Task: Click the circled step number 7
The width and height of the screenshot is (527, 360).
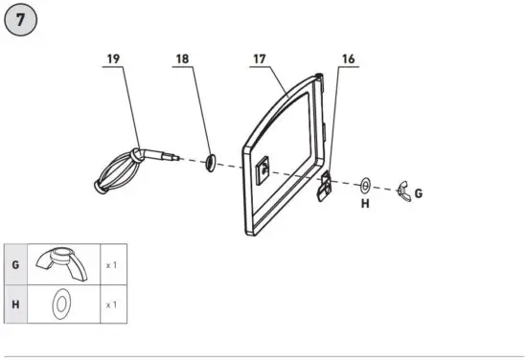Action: [22, 20]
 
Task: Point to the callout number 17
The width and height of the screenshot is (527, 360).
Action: [259, 59]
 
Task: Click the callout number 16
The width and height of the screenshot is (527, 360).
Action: [348, 59]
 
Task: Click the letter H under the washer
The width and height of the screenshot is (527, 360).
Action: [365, 203]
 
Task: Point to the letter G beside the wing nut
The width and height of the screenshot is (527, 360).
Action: [419, 193]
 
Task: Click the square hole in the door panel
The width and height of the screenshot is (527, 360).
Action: [263, 170]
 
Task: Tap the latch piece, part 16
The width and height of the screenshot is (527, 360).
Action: [324, 184]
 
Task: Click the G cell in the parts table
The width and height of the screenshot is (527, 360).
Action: [14, 263]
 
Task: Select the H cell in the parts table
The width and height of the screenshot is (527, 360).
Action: [14, 304]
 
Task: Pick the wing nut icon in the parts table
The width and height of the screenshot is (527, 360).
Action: [60, 261]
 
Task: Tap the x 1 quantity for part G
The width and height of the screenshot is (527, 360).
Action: [110, 263]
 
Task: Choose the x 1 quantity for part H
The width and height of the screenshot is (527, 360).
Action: [110, 304]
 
